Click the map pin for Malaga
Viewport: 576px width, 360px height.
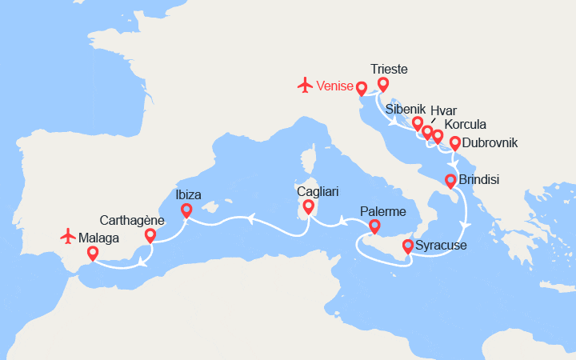pos(93,254)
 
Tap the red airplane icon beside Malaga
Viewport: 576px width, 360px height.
pos(68,237)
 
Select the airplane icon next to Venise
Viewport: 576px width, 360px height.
pos(304,84)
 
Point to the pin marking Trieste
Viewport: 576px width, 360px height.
pos(383,84)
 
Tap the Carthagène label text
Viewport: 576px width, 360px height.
pos(132,220)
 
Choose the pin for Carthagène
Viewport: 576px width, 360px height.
pos(150,236)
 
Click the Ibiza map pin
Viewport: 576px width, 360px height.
pos(186,210)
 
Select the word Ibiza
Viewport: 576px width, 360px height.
pos(188,194)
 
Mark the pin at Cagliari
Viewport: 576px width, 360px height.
pos(309,207)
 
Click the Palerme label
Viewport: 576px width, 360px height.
pos(383,211)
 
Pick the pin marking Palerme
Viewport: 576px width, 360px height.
pos(373,230)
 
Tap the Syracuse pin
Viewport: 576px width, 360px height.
pos(408,246)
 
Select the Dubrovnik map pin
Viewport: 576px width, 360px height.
pos(455,144)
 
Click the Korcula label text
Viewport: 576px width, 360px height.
pos(465,125)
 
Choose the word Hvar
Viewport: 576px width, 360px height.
pos(444,111)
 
